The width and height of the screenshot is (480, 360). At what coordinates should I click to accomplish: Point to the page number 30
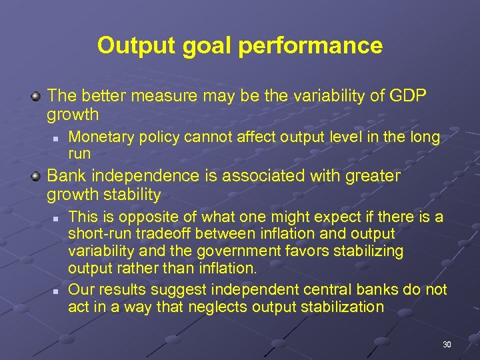click(x=447, y=345)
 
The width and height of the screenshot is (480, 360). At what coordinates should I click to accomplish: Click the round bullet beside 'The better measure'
click(x=37, y=97)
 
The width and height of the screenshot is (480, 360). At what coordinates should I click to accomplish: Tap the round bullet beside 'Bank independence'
click(x=37, y=177)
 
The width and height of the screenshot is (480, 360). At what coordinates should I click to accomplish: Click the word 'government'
click(x=276, y=251)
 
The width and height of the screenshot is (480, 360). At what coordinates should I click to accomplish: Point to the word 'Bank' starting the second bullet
click(x=66, y=176)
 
